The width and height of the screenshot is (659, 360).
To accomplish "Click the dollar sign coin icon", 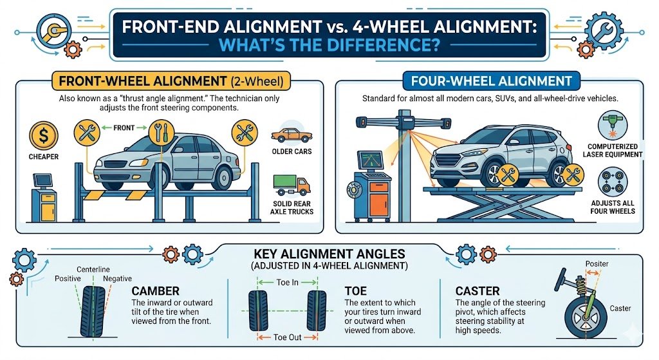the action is point(43,136).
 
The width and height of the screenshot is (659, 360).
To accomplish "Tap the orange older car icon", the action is point(292,135).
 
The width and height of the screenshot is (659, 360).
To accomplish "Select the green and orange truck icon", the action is point(292,185).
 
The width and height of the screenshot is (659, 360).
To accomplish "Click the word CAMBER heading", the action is point(156,291).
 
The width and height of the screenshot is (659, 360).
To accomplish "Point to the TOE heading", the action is point(355,291).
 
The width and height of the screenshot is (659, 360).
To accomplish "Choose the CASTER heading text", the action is point(478,291).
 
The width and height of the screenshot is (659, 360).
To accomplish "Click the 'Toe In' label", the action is point(288,282).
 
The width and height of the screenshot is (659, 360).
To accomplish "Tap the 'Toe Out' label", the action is point(288,337).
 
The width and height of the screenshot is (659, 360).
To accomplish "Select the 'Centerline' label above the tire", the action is point(93,269).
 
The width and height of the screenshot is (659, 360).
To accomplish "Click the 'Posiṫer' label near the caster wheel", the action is point(597,263).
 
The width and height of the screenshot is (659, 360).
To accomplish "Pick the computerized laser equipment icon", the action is point(613,125).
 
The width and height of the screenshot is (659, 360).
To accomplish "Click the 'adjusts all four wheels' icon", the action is point(613,182).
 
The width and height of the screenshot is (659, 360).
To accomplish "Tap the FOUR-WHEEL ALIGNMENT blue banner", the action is point(491,81).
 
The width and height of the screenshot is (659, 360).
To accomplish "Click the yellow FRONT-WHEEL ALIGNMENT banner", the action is point(171,81).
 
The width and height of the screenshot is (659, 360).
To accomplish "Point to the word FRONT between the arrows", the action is point(124,128).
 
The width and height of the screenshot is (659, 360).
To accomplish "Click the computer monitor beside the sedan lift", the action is point(42,180).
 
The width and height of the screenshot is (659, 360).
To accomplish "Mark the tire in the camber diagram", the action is point(93,312).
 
